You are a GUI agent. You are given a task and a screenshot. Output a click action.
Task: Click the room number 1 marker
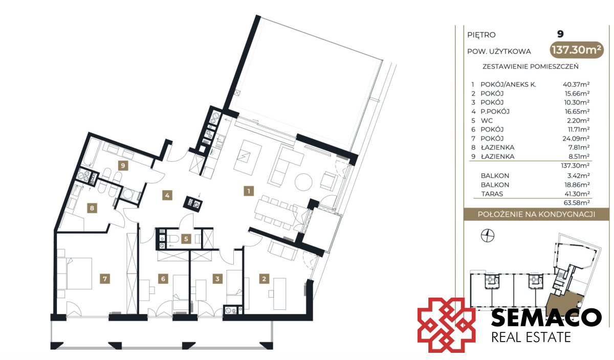tap(249, 191)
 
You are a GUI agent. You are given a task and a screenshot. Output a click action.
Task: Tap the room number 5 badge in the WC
tap(186, 239)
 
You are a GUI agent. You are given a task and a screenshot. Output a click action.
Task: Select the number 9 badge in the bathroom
tap(123, 166)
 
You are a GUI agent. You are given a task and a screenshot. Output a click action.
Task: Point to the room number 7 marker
tap(105, 279)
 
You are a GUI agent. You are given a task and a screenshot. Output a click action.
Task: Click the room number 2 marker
tap(264, 279)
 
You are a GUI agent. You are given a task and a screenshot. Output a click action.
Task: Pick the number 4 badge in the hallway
tap(167, 195)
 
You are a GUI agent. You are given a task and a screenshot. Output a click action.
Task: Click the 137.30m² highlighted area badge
tap(577, 50)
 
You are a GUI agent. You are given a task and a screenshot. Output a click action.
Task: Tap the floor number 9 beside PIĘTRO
tap(560, 34)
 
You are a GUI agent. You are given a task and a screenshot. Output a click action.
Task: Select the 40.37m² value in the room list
tap(576, 84)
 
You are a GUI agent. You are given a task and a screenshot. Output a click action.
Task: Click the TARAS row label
tap(492, 194)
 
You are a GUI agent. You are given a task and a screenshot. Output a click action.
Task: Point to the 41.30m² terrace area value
tap(577, 194)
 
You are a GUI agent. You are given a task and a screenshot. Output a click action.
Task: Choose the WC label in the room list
tap(487, 121)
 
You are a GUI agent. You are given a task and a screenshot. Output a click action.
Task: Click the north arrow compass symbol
tap(488, 236)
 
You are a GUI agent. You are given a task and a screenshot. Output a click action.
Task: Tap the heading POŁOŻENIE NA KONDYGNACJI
tap(536, 214)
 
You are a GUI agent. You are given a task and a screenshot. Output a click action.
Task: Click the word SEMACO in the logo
tap(546, 318)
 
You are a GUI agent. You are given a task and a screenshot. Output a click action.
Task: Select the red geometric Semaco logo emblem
tap(446, 325)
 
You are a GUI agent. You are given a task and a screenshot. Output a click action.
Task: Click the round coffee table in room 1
tap(303, 182)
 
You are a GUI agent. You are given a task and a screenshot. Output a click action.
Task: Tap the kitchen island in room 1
tap(248, 157)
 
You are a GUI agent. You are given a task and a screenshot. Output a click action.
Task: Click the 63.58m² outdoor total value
tap(577, 202)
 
